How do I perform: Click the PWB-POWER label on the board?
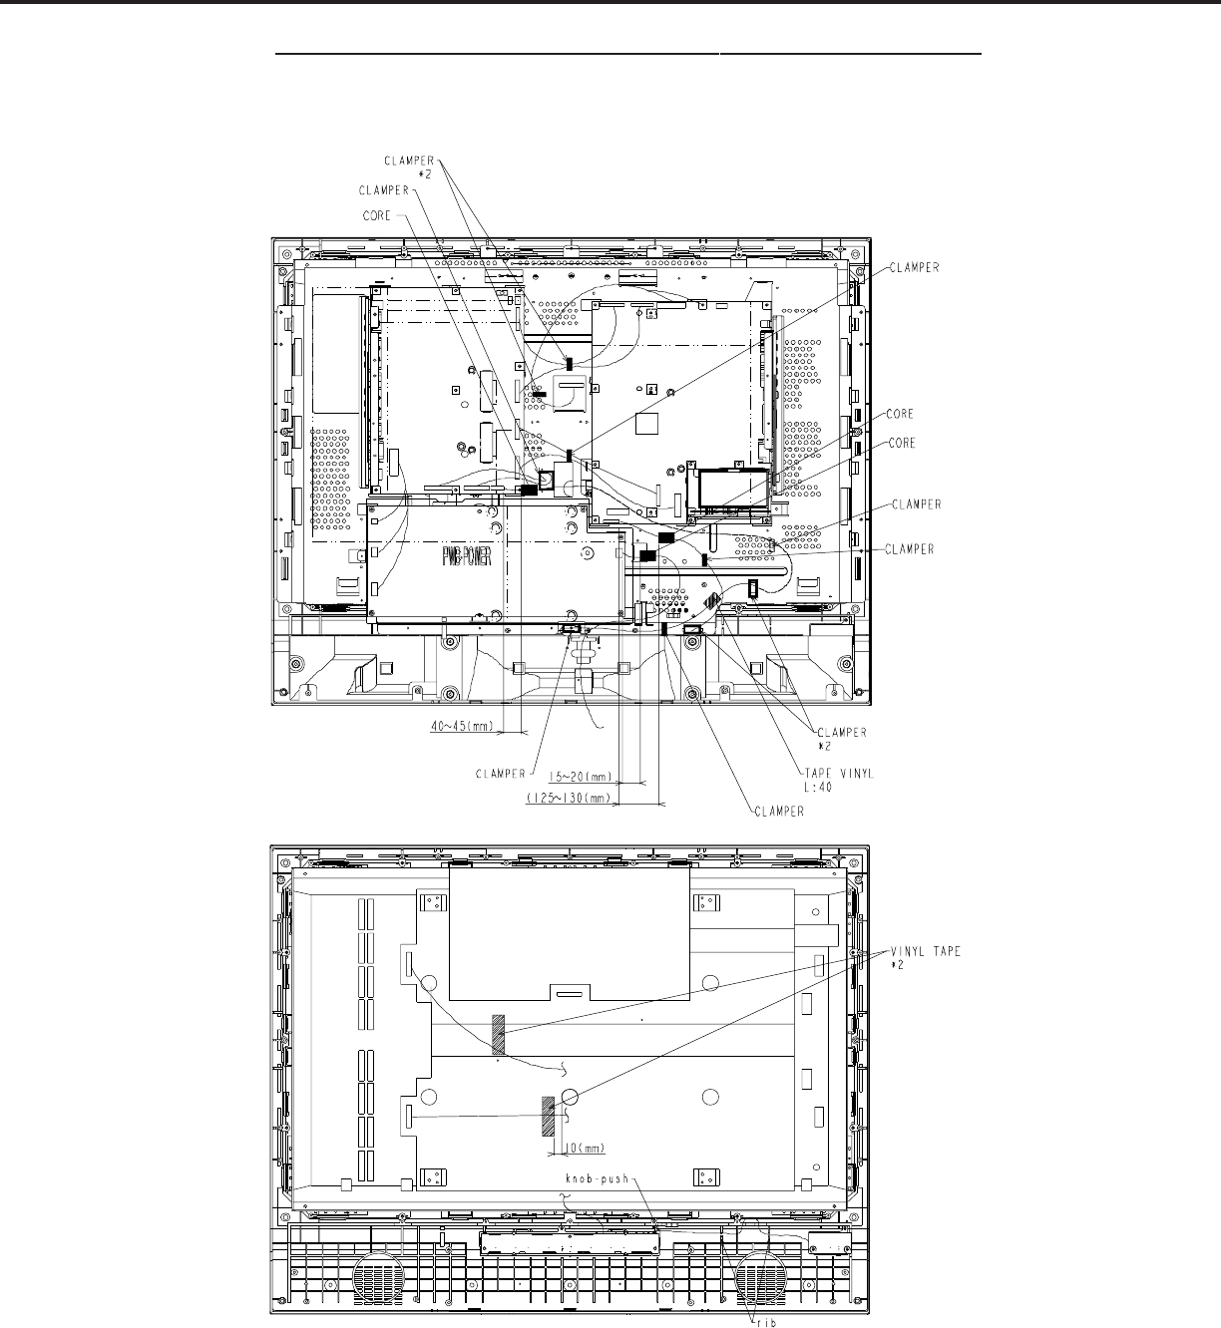(467, 558)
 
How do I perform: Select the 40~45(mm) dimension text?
(463, 726)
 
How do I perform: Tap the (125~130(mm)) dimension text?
(569, 799)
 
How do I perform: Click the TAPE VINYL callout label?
(839, 780)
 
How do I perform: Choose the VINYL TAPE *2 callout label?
(926, 958)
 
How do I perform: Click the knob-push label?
(597, 1179)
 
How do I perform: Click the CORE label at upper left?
(377, 215)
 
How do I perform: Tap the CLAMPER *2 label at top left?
(409, 166)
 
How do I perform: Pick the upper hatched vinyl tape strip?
(498, 1034)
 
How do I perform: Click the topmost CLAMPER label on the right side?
(915, 267)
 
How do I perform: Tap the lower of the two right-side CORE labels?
(902, 443)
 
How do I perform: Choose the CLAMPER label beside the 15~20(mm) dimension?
(501, 774)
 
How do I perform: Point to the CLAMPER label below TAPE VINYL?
(779, 812)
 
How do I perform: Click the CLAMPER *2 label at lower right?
(842, 739)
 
